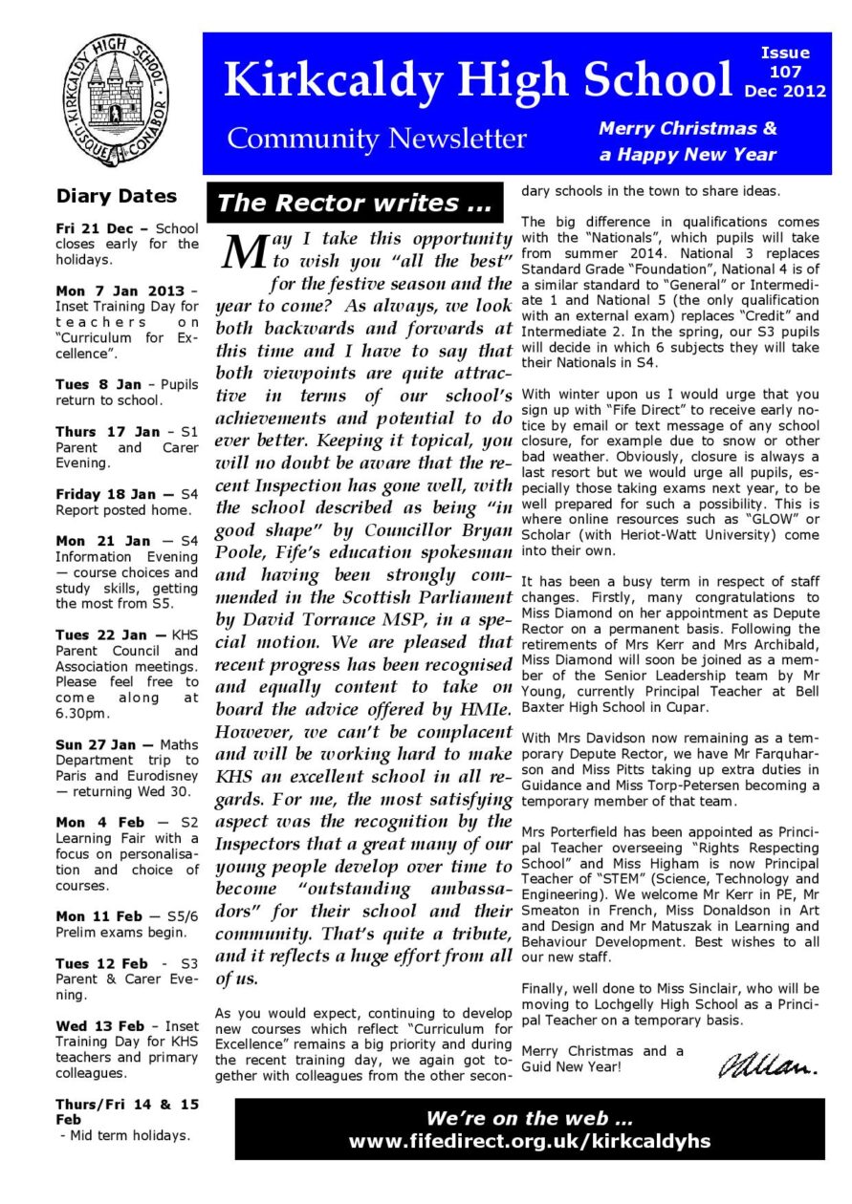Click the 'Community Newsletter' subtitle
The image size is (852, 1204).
coord(376,140)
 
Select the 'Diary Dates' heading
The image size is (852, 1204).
coord(117,197)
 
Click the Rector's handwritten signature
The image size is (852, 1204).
coord(767,1062)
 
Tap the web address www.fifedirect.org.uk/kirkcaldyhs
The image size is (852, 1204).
coord(530,1141)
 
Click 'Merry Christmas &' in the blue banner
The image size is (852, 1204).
coord(688,128)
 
